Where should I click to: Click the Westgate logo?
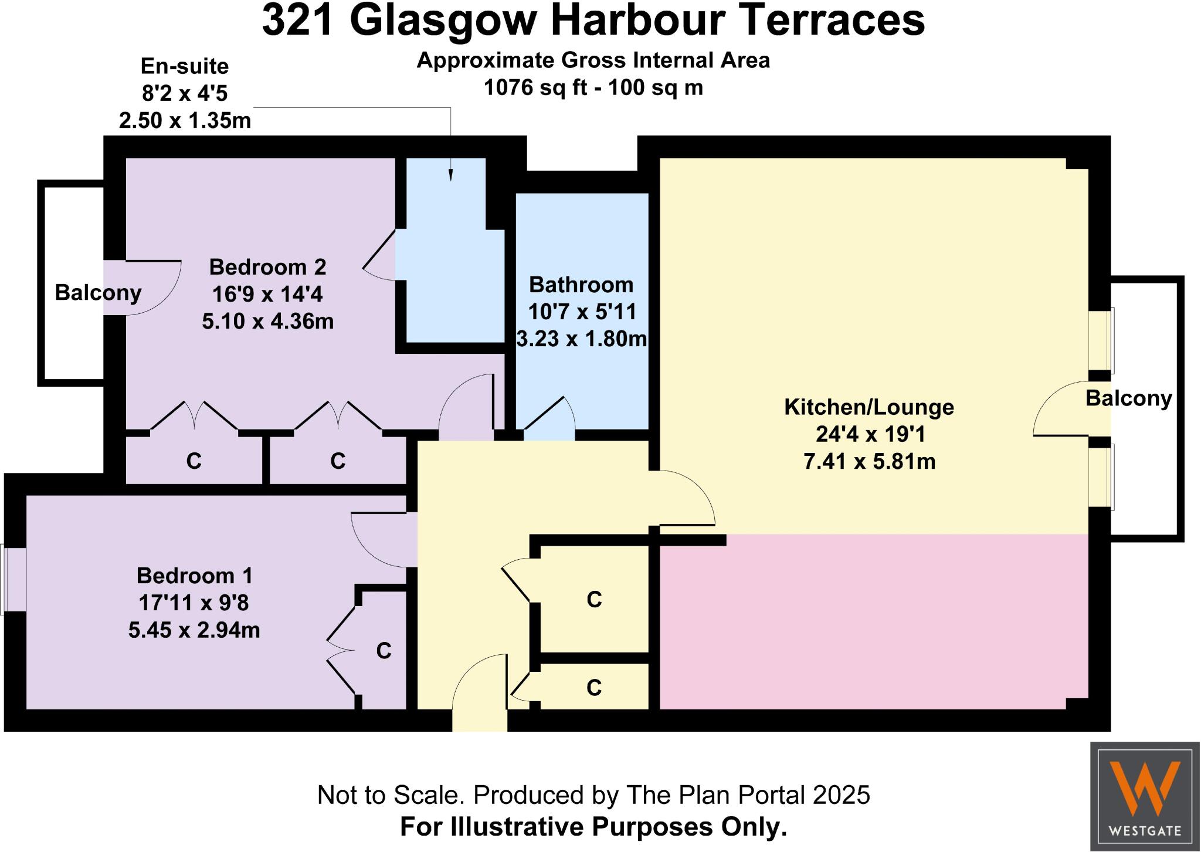point(1145,797)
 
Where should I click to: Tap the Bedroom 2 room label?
point(267,268)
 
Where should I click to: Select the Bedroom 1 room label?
point(195,576)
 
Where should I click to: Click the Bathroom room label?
point(581,285)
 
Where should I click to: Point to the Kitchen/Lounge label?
point(869,407)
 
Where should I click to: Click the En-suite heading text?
point(185,66)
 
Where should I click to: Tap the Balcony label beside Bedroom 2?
point(98,292)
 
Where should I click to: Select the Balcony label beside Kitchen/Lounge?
point(1128,398)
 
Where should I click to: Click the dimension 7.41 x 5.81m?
point(869,462)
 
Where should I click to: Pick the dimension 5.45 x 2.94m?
point(194,630)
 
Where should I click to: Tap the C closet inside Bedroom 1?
point(384,651)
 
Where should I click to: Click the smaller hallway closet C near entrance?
point(594,687)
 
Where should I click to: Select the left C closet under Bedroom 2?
point(194,461)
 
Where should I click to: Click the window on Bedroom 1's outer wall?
point(5,579)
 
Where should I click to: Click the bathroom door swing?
point(550,420)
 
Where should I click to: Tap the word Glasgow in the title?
point(443,21)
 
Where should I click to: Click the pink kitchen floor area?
point(874,622)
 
